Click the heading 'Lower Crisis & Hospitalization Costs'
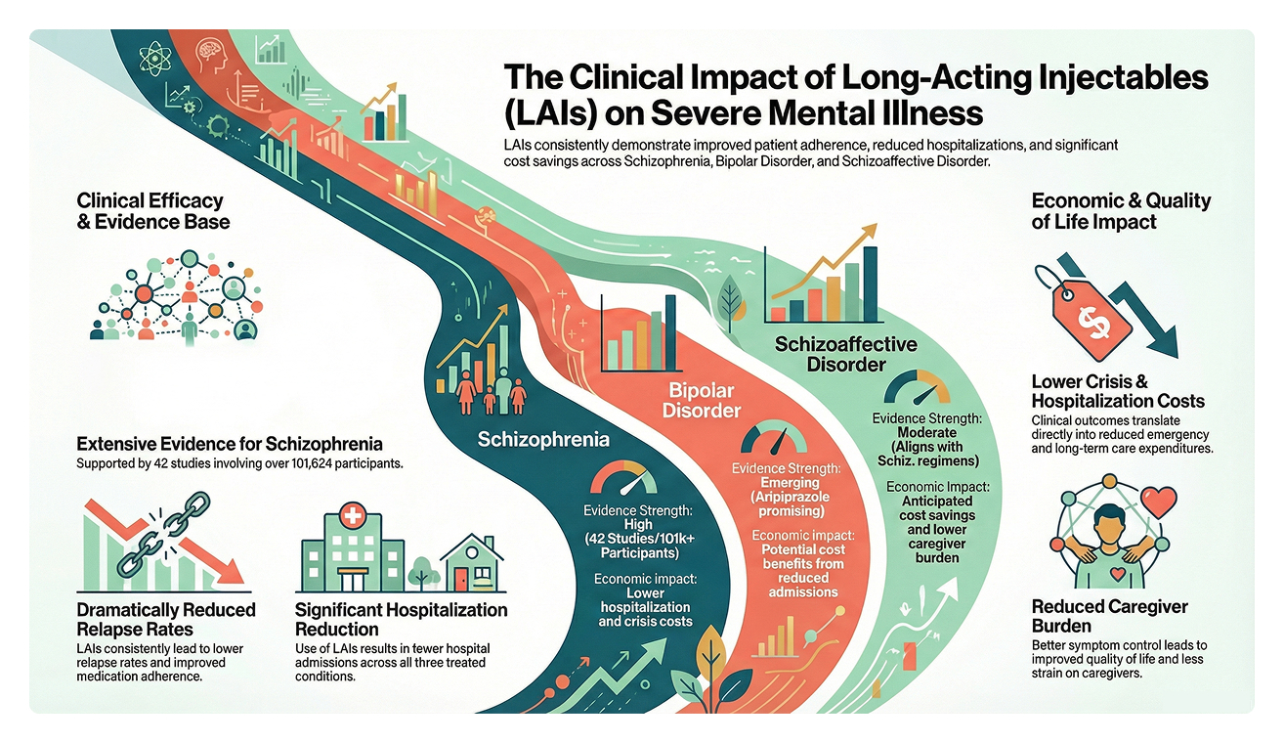(1118, 391)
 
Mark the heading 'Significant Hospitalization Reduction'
(401, 619)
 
